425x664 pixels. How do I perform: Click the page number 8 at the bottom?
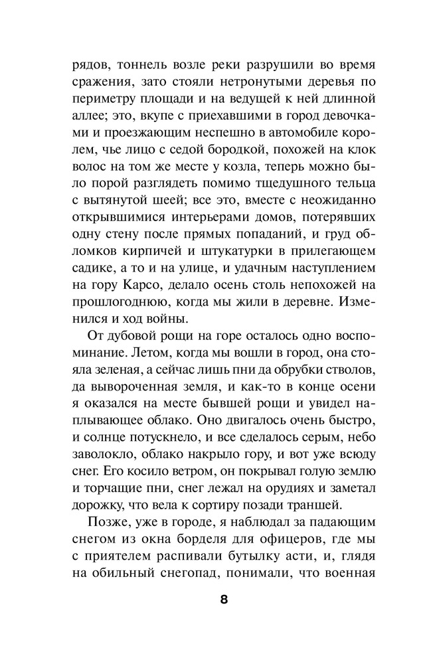point(223,599)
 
